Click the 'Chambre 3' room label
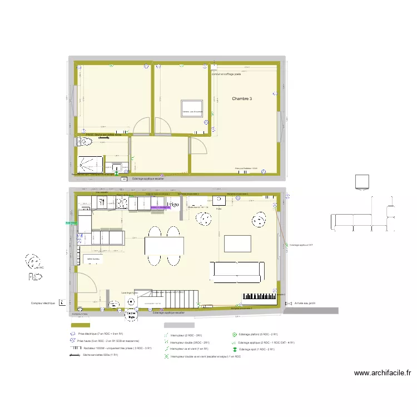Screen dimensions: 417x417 point(242,99)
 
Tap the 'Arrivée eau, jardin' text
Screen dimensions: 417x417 point(305,303)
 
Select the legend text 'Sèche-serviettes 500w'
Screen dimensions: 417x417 point(100,354)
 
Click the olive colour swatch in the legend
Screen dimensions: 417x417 point(80,325)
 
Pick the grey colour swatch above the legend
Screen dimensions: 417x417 point(178,325)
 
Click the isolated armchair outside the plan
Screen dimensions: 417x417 point(362,181)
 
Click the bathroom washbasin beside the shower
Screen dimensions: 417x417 point(117,166)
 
